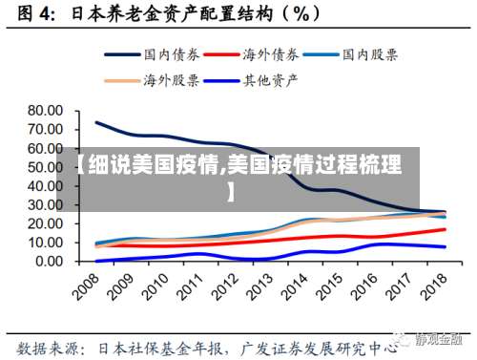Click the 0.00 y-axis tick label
point(47,261)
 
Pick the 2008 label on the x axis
point(86,286)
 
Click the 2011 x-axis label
point(189,286)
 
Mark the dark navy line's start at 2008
point(96,122)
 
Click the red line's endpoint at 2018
point(444,229)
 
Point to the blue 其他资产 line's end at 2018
point(444,246)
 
